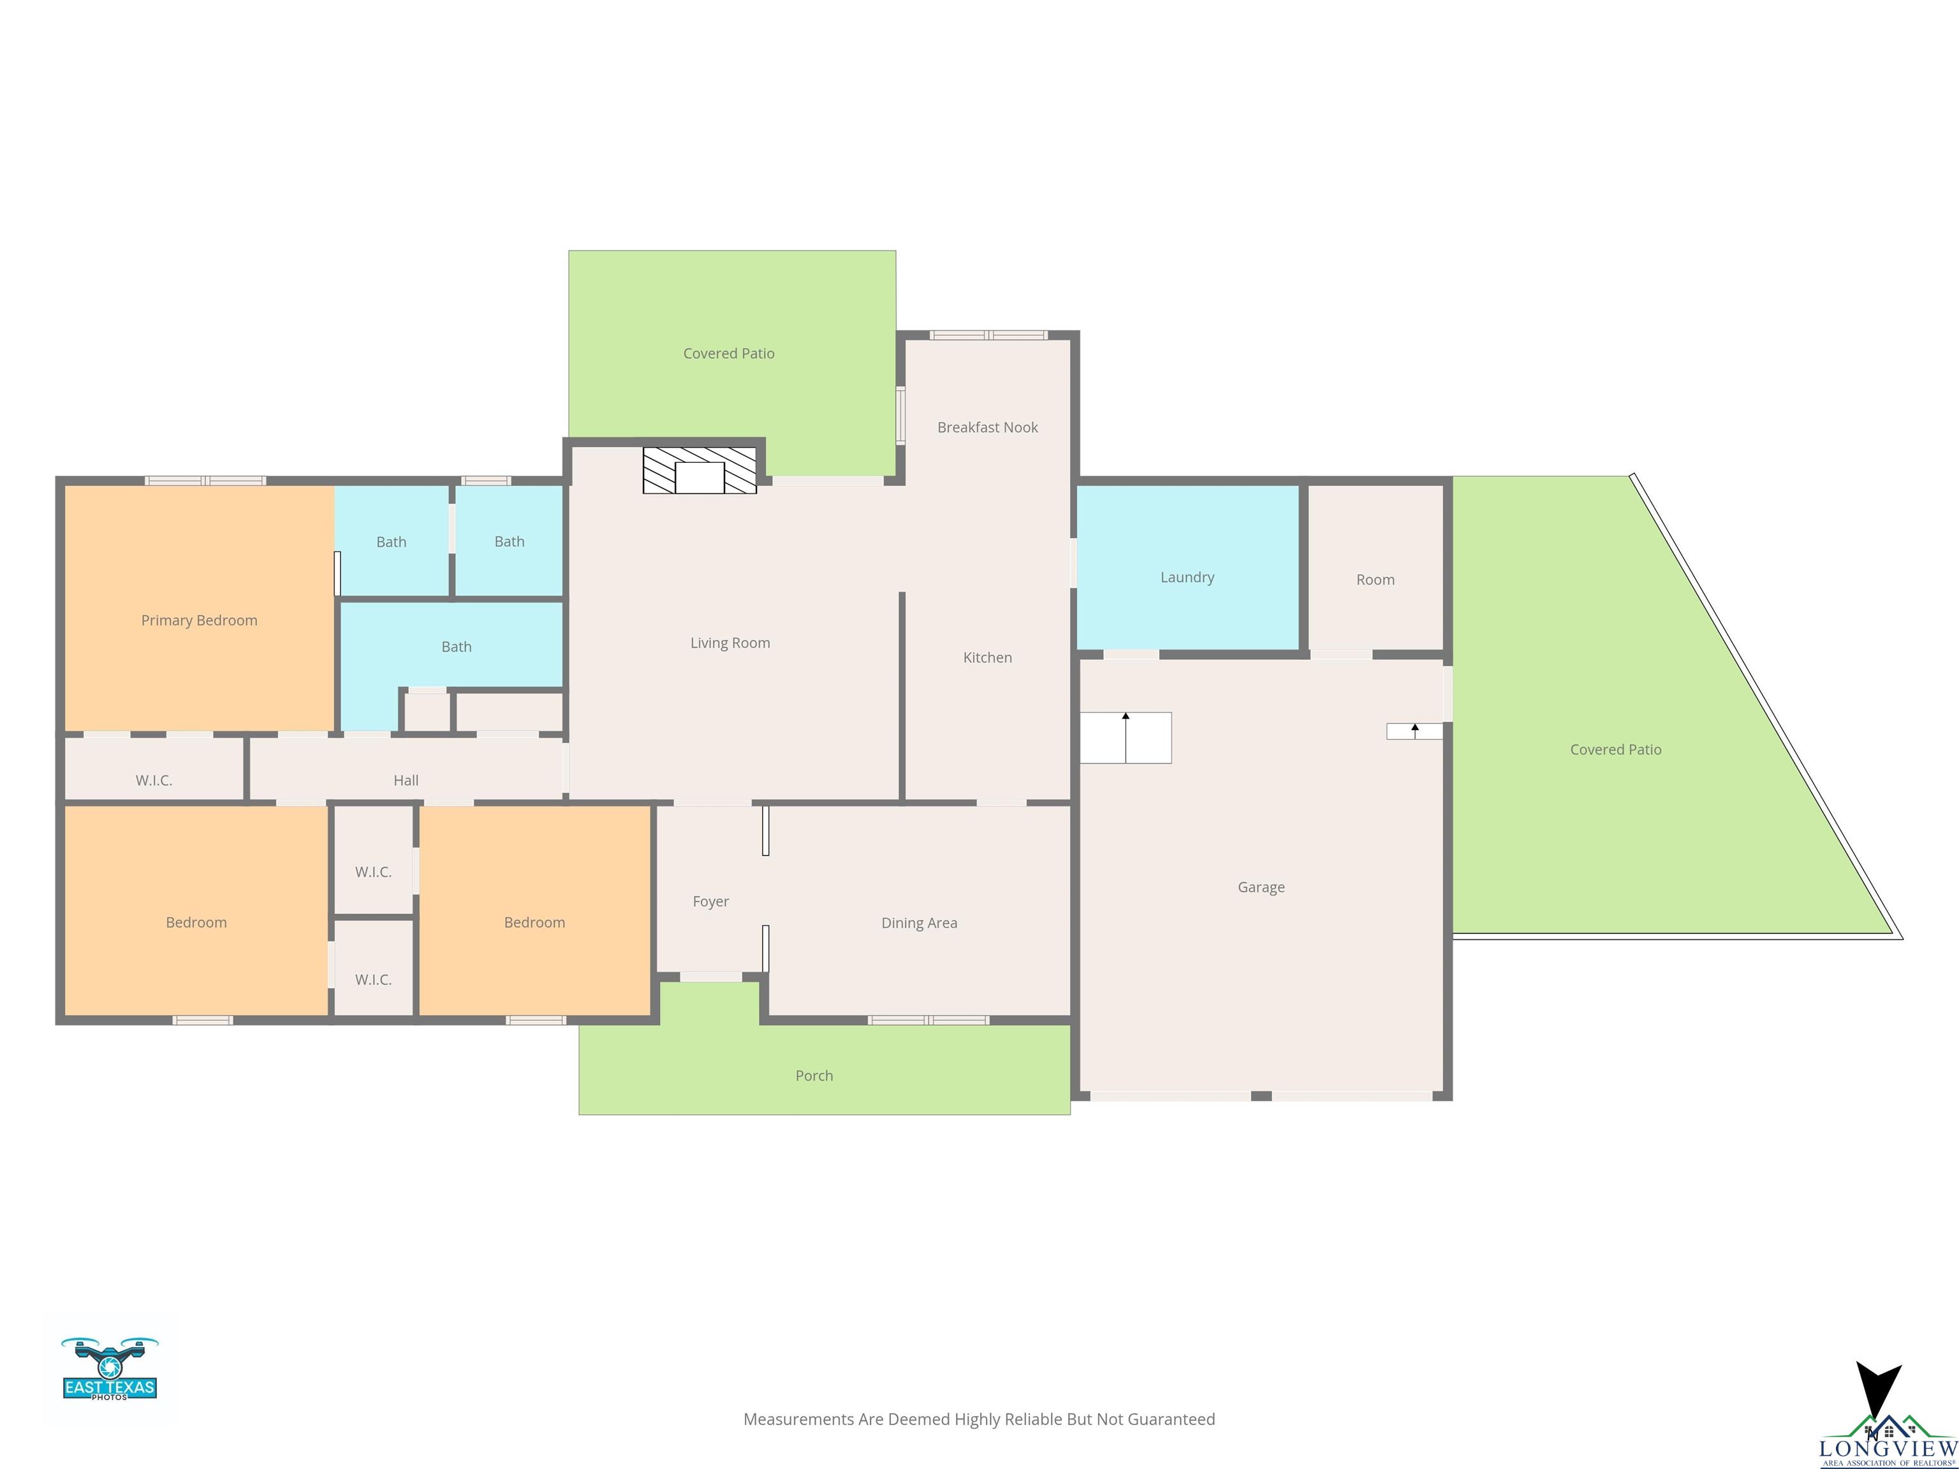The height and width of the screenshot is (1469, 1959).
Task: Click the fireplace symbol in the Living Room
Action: tap(700, 470)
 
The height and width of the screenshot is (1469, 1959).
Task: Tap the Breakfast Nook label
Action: tap(987, 428)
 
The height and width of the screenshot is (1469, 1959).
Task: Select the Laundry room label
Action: tap(1187, 577)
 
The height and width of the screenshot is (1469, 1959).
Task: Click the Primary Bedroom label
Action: tap(199, 621)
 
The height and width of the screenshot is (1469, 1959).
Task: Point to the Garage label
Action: tap(1261, 888)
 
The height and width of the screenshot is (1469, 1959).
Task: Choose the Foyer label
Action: tap(710, 902)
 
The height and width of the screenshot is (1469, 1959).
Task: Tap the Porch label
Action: tap(814, 1076)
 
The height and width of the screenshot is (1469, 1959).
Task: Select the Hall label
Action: tap(406, 780)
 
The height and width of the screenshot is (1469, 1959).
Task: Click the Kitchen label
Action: tap(987, 658)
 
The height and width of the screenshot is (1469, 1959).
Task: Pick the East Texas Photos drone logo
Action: tap(110, 1369)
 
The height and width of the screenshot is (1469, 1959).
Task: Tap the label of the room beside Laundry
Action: tap(1376, 580)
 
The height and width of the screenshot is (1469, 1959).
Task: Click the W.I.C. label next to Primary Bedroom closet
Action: tap(154, 780)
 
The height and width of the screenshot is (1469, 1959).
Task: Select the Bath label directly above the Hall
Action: tap(456, 647)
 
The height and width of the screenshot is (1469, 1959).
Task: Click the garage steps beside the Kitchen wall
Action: tap(1126, 738)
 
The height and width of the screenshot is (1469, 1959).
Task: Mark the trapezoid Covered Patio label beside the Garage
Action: tap(1615, 750)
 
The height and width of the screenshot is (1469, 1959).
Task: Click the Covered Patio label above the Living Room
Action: tap(729, 353)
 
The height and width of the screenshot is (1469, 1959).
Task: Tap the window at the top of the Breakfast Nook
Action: tap(988, 335)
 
